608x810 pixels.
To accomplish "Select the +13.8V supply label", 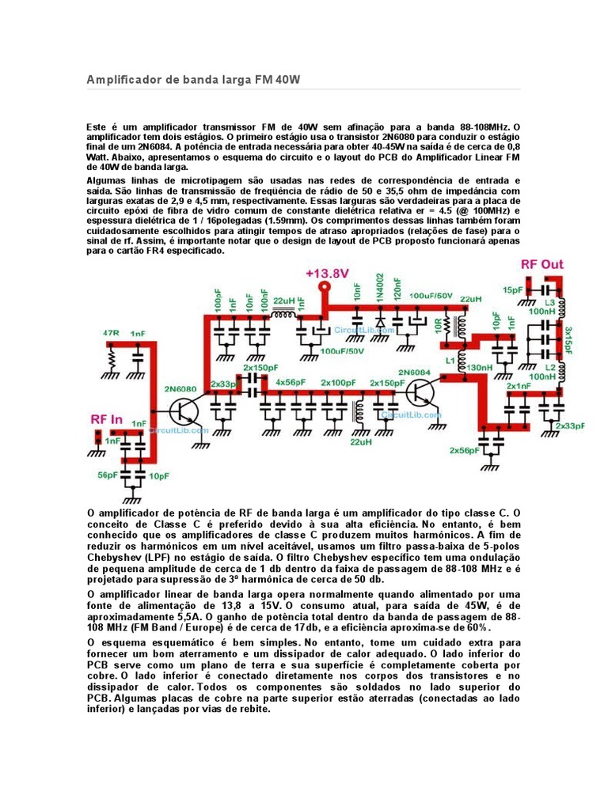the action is (327, 273).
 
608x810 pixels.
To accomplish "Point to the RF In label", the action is (107, 419).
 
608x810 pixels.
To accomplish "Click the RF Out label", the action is (541, 263).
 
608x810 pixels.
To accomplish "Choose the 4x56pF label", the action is (290, 382).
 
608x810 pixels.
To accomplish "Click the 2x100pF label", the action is (338, 382).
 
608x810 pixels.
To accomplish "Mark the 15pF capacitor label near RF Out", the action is (512, 290).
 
